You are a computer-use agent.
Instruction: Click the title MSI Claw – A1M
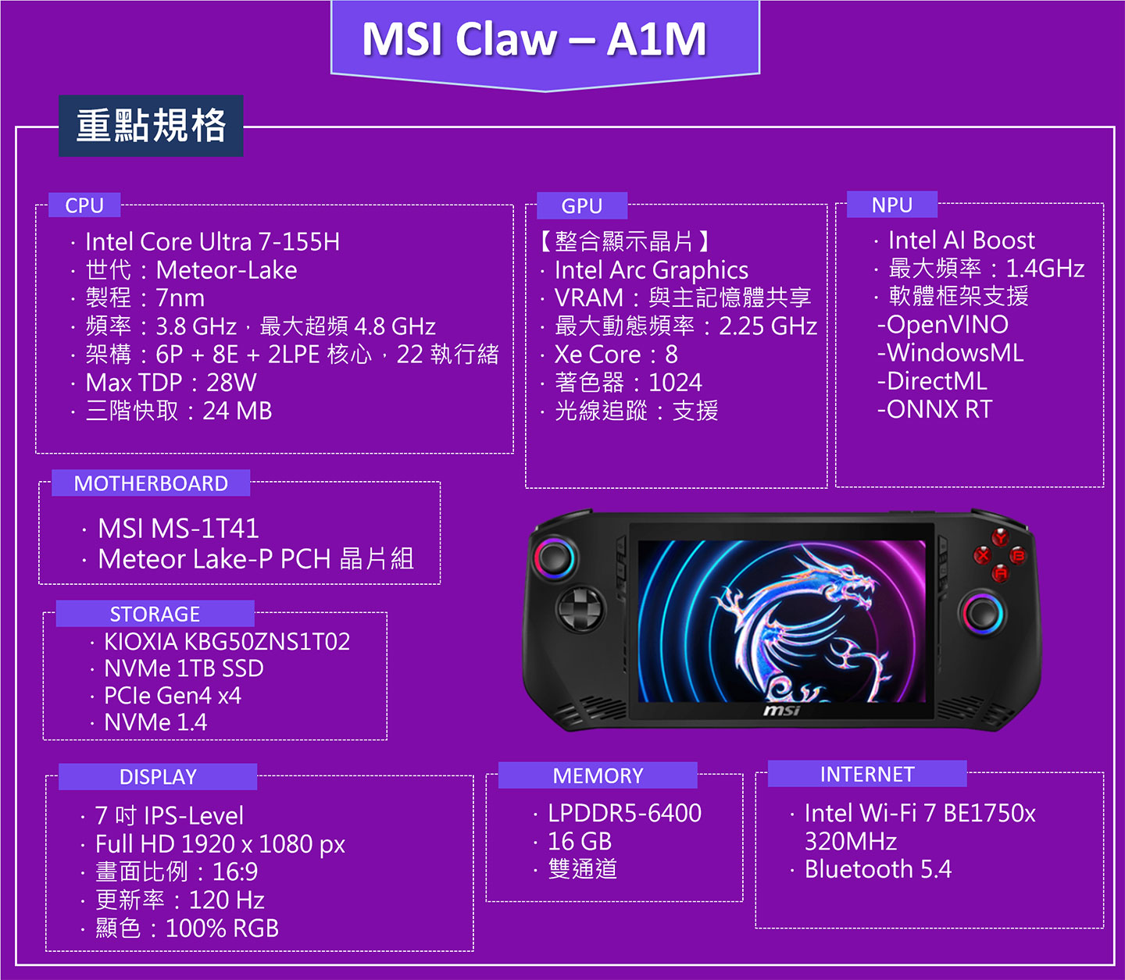(x=534, y=39)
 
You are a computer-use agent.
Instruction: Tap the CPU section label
(x=84, y=205)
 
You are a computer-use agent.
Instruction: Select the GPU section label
(x=582, y=206)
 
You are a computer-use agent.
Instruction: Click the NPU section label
(x=892, y=205)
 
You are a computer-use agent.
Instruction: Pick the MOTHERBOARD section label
(x=151, y=483)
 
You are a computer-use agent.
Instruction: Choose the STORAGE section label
(x=155, y=614)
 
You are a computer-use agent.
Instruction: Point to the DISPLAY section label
(x=158, y=777)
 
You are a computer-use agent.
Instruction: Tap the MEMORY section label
(x=598, y=775)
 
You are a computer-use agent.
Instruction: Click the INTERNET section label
(x=867, y=774)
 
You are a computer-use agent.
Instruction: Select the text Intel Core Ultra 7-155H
(x=212, y=242)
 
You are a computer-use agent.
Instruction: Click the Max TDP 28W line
(x=171, y=383)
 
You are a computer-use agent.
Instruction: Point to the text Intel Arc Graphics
(x=651, y=270)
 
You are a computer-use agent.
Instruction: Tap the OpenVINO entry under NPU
(x=943, y=325)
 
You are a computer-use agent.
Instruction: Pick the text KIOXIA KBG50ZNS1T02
(x=227, y=642)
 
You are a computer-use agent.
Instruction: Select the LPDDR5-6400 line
(x=624, y=814)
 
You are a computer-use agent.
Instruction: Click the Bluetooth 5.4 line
(x=877, y=869)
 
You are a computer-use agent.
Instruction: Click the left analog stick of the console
(x=555, y=558)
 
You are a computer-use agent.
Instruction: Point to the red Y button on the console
(x=1000, y=536)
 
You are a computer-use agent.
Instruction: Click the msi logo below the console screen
(x=781, y=710)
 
